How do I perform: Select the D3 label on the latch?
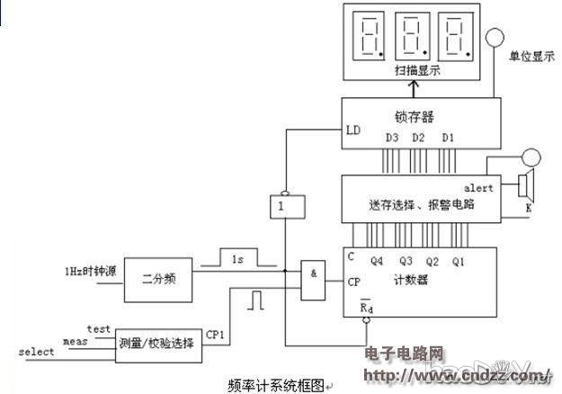(x=392, y=138)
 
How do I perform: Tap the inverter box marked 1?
(x=282, y=206)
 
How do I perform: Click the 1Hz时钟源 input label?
(x=90, y=271)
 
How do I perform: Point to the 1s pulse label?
(x=235, y=259)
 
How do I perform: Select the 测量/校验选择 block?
(x=156, y=342)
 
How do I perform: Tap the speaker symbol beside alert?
(x=526, y=186)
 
